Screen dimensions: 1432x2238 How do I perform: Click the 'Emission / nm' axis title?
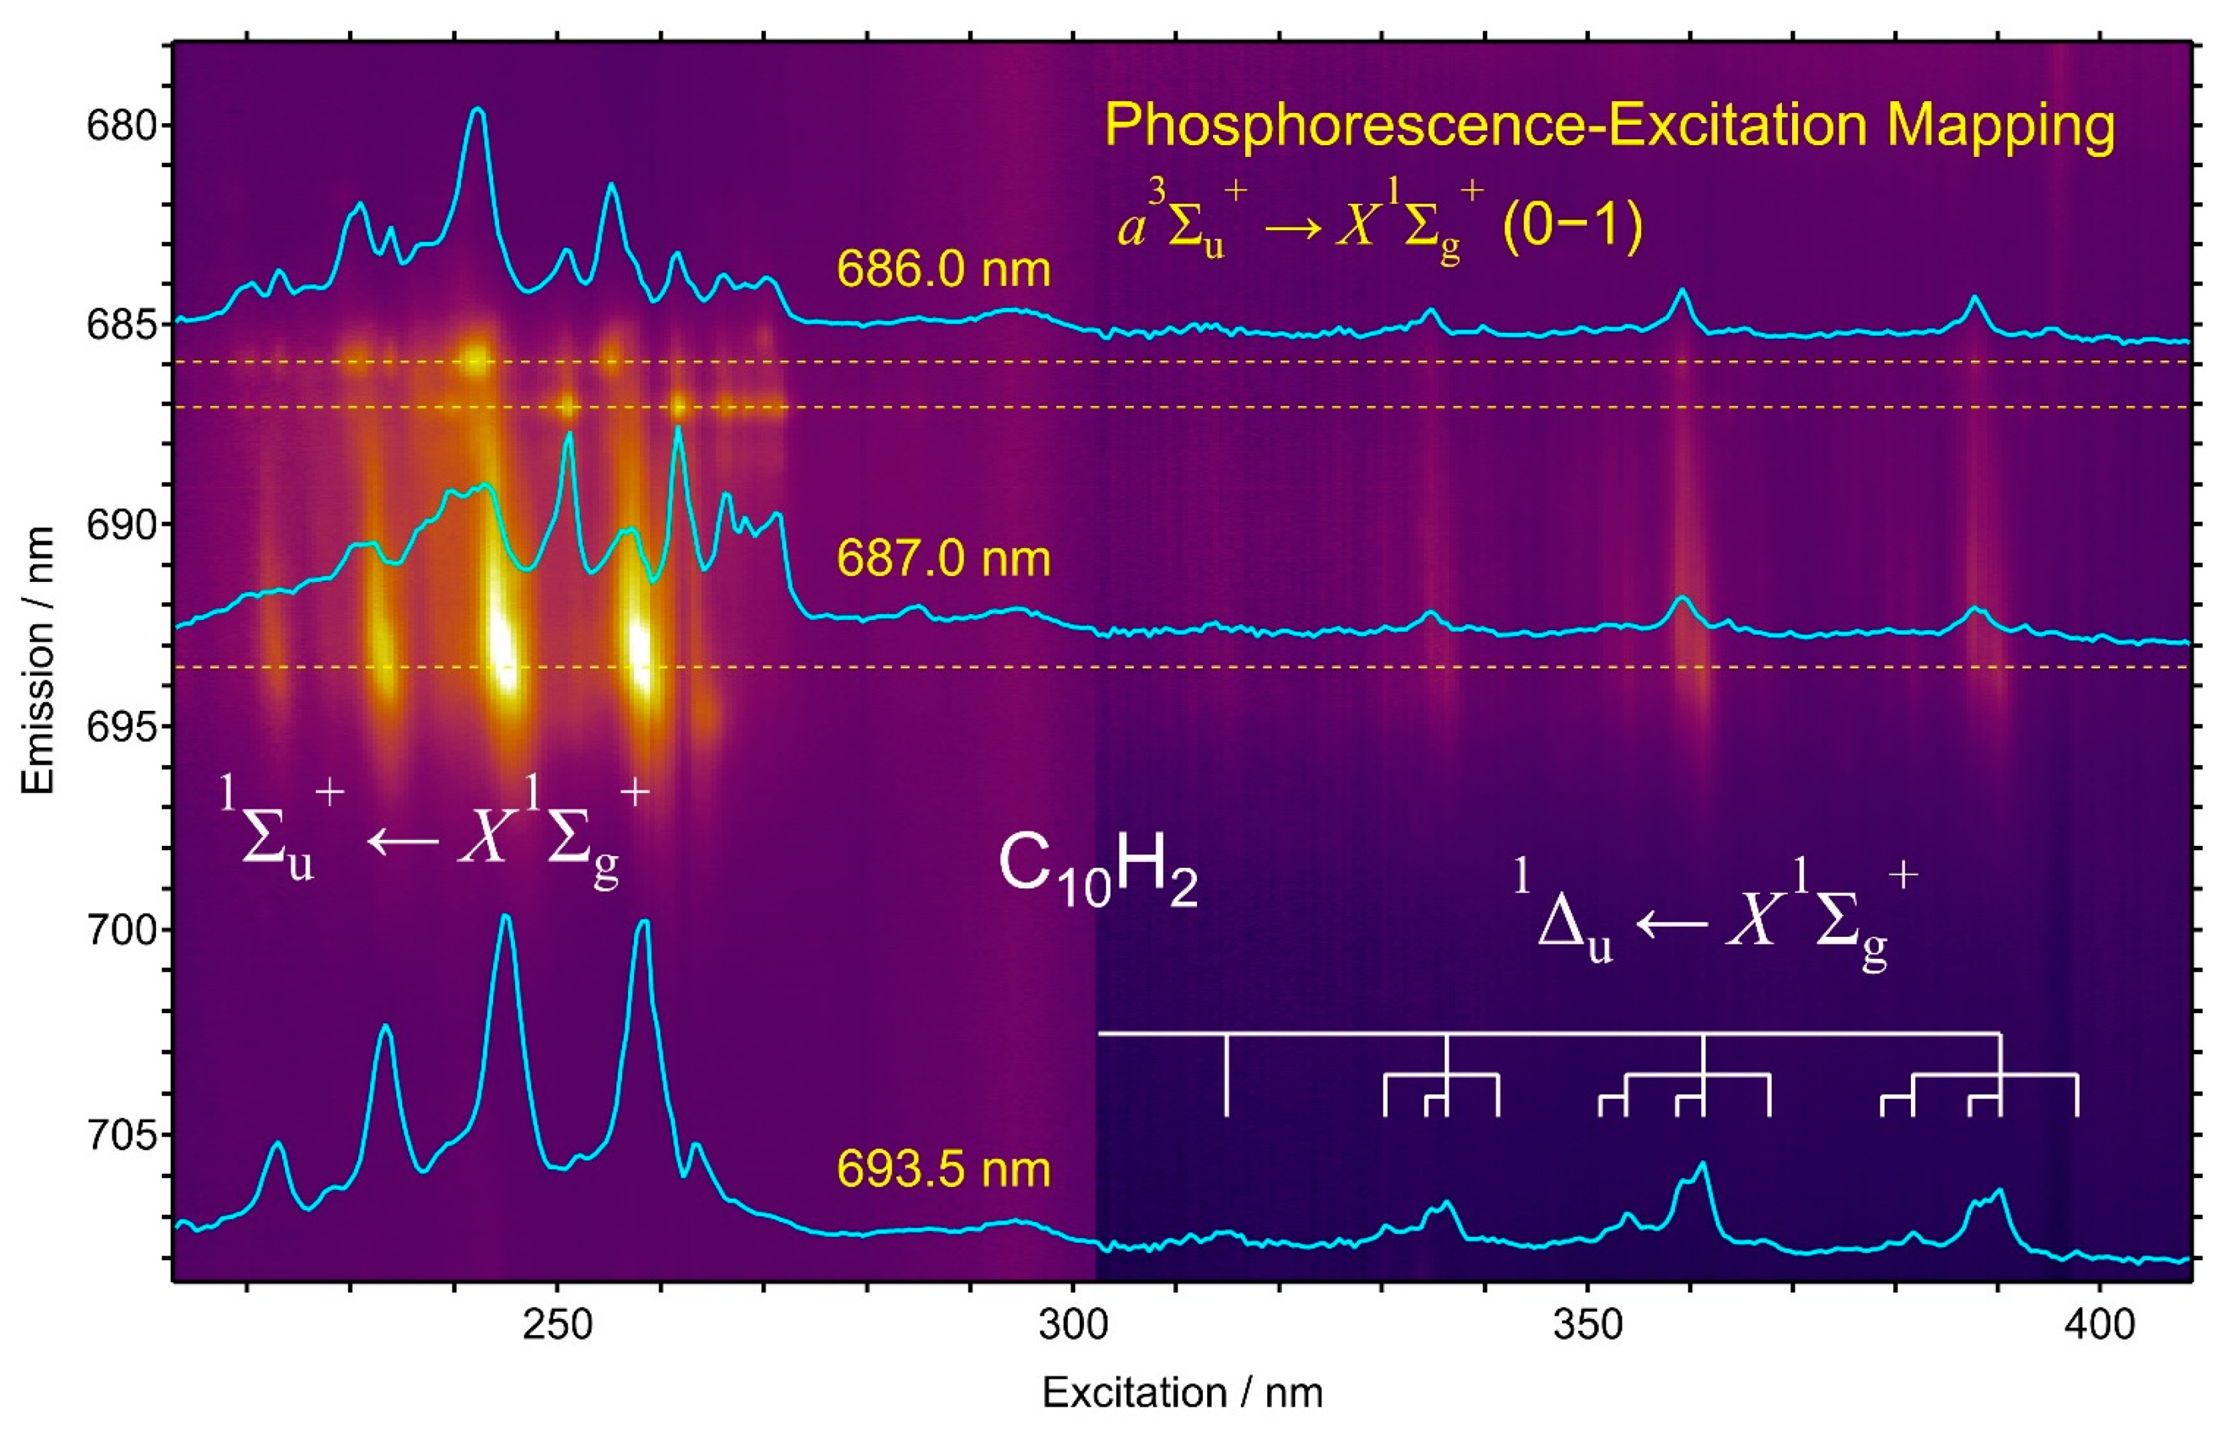point(39,660)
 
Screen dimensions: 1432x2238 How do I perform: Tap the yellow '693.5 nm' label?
point(943,1170)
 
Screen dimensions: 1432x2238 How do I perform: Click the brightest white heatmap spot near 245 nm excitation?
point(503,651)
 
